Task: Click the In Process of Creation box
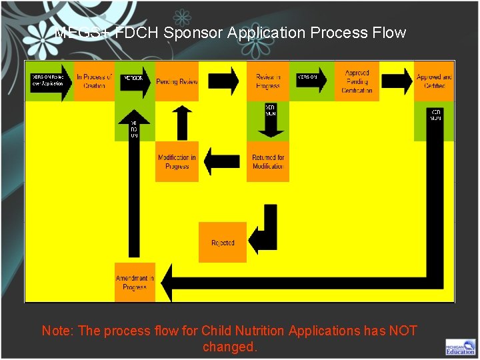tap(94, 81)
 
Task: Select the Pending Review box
tap(177, 81)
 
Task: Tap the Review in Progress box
tap(268, 81)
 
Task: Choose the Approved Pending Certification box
tap(357, 81)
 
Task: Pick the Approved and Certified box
tap(434, 81)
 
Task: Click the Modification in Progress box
tap(177, 162)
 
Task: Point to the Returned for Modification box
tap(268, 162)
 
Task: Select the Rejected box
tap(223, 243)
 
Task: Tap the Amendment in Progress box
tap(135, 283)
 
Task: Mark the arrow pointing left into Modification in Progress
tap(222, 161)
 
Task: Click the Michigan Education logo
tap(461, 347)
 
